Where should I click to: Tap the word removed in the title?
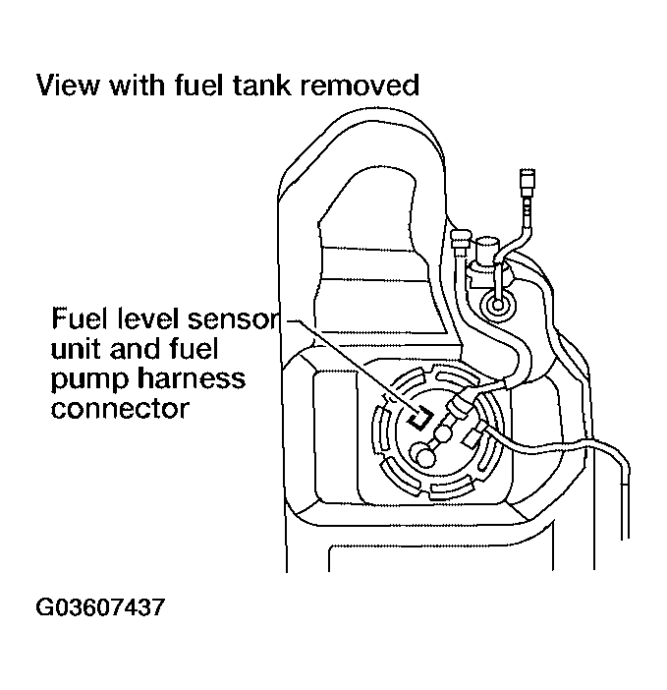coord(360,86)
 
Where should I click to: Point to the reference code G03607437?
coord(99,606)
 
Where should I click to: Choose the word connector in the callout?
coord(118,408)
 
